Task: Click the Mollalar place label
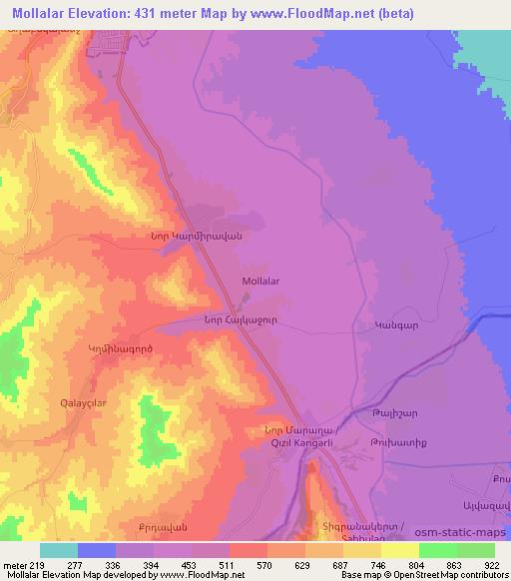pyautogui.click(x=260, y=282)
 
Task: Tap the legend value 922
pyautogui.click(x=494, y=564)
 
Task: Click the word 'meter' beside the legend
pyautogui.click(x=16, y=564)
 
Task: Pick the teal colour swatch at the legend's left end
pyautogui.click(x=59, y=550)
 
